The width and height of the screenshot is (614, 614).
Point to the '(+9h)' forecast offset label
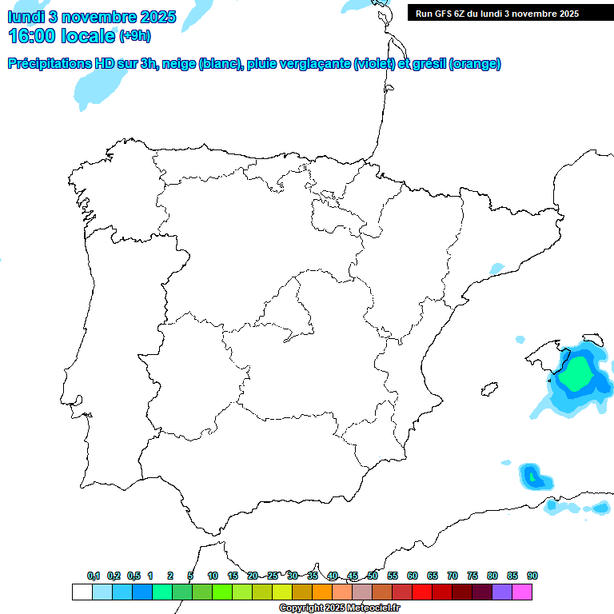click(135, 36)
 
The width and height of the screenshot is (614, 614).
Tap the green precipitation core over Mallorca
click(576, 373)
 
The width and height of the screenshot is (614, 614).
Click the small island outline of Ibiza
click(486, 389)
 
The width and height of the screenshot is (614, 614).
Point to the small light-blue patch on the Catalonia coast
click(497, 268)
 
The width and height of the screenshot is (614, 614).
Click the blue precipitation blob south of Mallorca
click(533, 477)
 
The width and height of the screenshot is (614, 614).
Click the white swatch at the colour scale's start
click(82, 592)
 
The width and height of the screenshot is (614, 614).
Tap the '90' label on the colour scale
click(532, 576)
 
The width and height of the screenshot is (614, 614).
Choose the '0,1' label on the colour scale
click(93, 576)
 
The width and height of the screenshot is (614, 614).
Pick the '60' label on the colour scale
click(413, 576)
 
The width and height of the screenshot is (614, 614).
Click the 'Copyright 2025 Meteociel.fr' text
click(339, 608)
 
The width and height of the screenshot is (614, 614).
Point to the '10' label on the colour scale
click(213, 576)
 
